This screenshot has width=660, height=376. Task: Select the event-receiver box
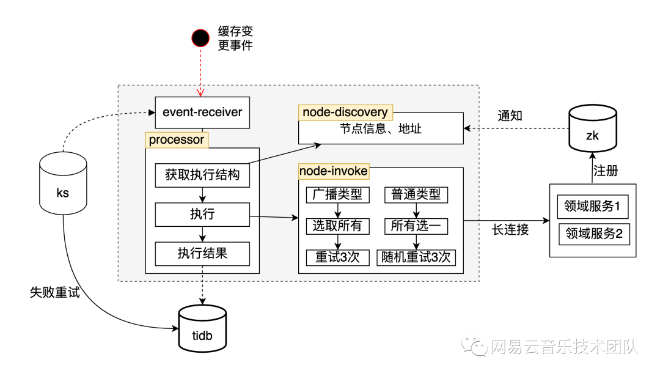[202, 112]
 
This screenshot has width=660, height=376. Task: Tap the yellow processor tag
[177, 139]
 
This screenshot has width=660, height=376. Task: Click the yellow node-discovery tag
[345, 112]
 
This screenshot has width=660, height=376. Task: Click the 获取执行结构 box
[202, 175]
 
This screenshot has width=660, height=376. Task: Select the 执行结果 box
[202, 253]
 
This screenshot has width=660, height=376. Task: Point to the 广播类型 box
[337, 194]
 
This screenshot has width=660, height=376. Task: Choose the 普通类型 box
[416, 194]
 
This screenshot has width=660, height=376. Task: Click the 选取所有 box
[337, 226]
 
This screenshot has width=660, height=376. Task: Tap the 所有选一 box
[416, 226]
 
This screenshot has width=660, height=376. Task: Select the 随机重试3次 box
[416, 257]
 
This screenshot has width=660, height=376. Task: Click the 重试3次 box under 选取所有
[337, 257]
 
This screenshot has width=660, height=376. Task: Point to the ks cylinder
[63, 183]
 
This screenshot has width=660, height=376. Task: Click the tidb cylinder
[202, 330]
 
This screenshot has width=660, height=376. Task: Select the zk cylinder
[592, 130]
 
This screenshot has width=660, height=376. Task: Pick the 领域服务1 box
[592, 207]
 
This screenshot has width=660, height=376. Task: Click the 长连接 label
[510, 230]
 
